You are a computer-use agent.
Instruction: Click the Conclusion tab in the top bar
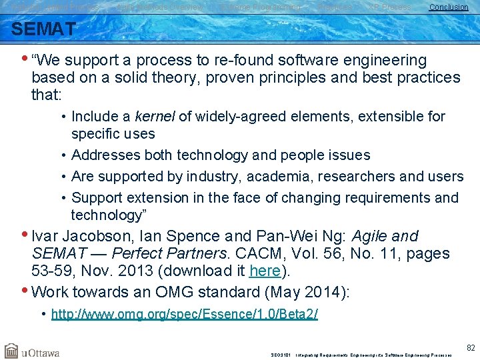[x=448, y=7]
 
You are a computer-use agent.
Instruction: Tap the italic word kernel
[x=155, y=117]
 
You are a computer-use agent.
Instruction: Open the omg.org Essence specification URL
[x=185, y=314]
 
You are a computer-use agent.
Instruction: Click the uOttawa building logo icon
[x=11, y=351]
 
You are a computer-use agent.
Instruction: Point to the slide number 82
[x=471, y=347]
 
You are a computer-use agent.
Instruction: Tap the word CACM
[x=267, y=254]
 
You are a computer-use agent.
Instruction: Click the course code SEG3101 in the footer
[x=281, y=355]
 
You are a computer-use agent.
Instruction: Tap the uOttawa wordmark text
[x=41, y=352]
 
